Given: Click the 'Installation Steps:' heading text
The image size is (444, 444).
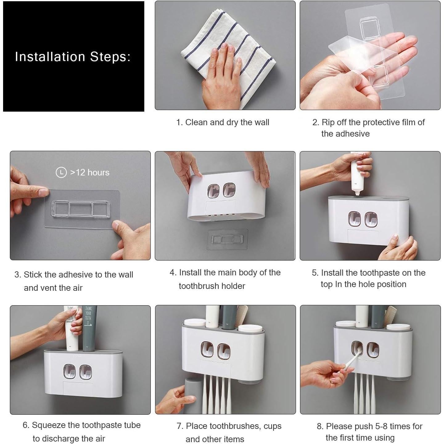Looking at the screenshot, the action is [73, 57].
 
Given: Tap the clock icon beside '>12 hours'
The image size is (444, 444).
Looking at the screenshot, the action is [61, 172].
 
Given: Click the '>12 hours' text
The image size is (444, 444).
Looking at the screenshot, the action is [90, 173].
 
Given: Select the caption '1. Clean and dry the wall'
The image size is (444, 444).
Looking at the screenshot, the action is [223, 122].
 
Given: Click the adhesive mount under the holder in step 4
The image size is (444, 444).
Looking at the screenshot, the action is [228, 239].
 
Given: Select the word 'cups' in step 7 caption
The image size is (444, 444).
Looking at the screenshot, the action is [272, 426].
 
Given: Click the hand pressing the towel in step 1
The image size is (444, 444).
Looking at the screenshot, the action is [221, 76].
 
